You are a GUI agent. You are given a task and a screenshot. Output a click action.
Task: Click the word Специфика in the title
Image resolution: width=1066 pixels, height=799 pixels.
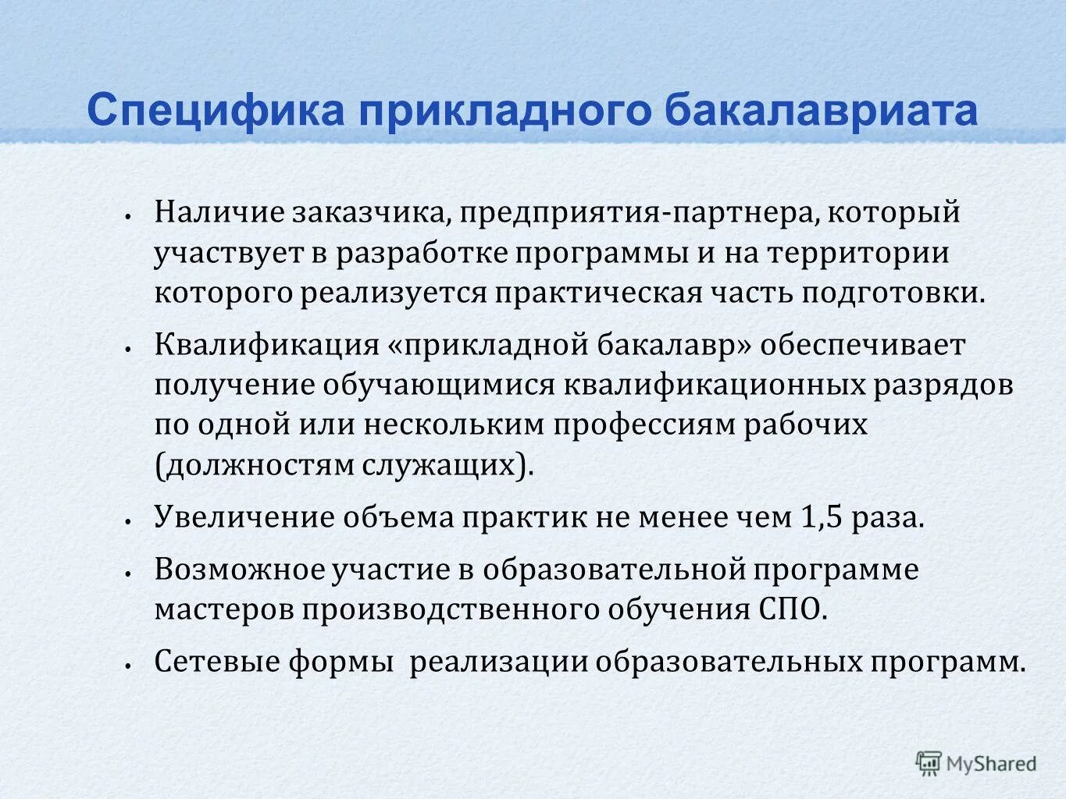[216, 111]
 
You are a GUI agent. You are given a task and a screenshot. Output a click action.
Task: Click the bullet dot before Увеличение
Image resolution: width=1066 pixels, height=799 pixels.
[127, 520]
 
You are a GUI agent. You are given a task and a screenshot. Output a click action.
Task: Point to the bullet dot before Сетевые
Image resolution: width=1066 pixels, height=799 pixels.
[127, 664]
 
